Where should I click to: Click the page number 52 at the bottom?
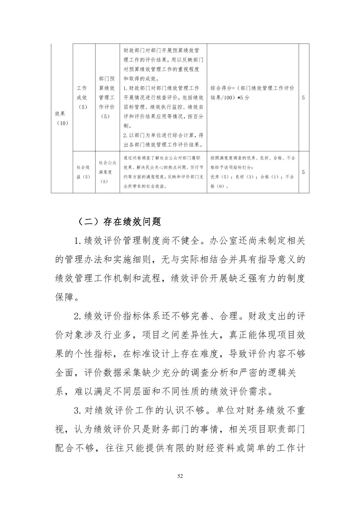point(180,476)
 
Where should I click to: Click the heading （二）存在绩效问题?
point(119,221)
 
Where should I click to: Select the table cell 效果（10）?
point(62,118)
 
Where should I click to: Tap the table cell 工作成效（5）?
point(82,97)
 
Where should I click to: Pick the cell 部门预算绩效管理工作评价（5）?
point(107,97)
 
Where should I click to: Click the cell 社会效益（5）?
point(83,172)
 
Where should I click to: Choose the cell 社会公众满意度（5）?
point(107,172)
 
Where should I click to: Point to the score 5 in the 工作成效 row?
point(303,98)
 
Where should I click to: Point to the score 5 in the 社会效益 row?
point(303,172)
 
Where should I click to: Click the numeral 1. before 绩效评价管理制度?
point(78,241)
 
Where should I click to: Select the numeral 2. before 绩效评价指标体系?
point(78,316)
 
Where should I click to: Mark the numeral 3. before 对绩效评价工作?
point(78,410)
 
